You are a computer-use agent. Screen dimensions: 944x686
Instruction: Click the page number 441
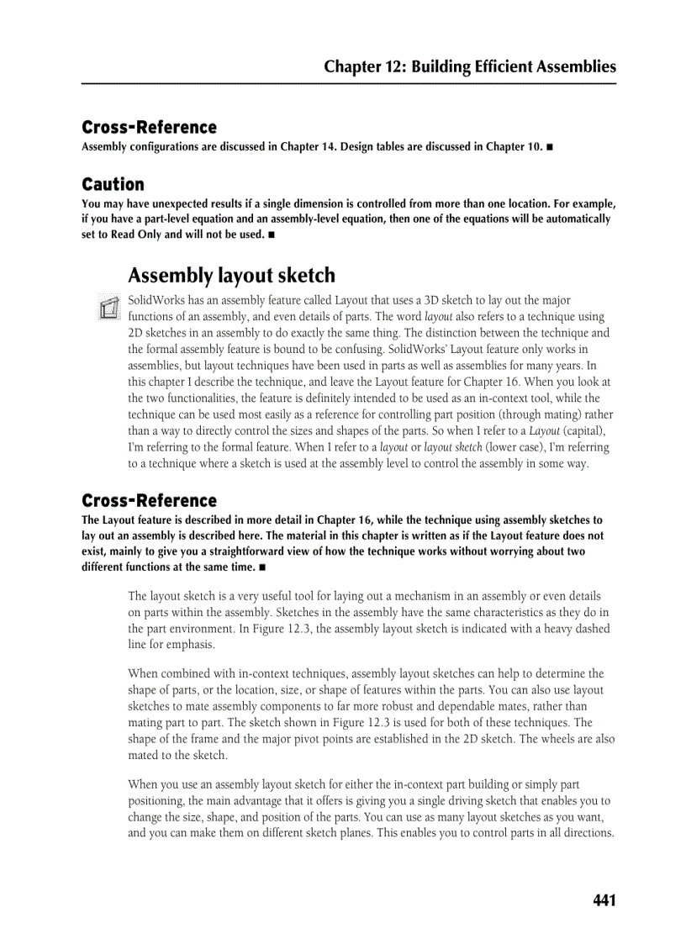tap(604, 901)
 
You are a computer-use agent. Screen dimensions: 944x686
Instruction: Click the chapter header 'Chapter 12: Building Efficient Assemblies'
tap(470, 67)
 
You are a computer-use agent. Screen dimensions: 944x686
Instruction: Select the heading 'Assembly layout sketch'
tap(231, 276)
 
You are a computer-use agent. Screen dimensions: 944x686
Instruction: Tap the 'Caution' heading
tap(113, 184)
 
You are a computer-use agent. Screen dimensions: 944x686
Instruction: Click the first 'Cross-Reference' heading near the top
tap(149, 128)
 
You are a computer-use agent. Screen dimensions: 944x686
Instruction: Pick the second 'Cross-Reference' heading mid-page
tap(149, 501)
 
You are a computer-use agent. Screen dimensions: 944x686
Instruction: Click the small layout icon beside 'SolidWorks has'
tap(107, 308)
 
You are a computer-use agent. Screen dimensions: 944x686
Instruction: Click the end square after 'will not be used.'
tap(272, 235)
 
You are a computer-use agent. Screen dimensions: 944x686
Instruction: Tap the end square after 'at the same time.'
tap(263, 567)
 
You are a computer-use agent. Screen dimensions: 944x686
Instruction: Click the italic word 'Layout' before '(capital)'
tap(545, 431)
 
